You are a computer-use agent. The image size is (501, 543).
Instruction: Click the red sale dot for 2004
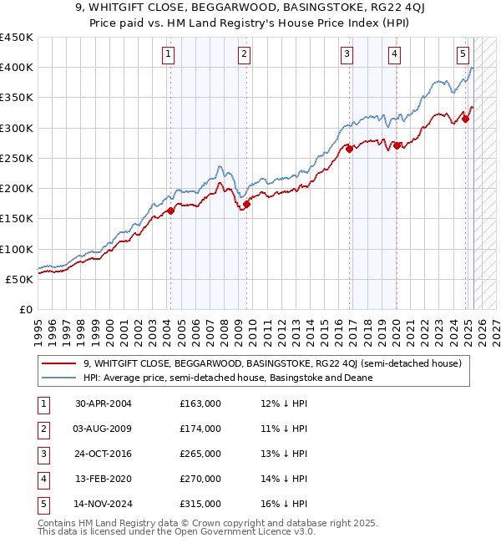pos(170,211)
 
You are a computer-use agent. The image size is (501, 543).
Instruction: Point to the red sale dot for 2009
pos(246,204)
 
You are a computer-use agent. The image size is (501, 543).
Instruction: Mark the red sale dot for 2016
pos(350,149)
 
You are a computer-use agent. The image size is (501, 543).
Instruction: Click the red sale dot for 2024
pos(466,119)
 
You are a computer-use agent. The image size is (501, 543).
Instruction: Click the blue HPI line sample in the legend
pos(58,378)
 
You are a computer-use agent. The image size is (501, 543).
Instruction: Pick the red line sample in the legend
pos(58,363)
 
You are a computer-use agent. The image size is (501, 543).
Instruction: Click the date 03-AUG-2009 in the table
pos(104,429)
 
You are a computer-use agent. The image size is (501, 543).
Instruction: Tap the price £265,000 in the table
pos(200,454)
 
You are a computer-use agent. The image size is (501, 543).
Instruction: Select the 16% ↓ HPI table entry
pos(284,504)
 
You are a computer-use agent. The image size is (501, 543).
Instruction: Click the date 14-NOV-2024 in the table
pos(104,504)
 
